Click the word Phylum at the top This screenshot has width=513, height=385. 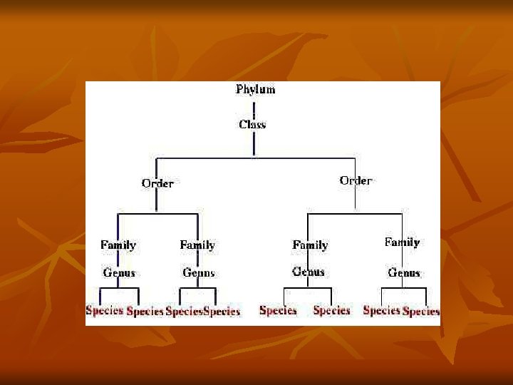pos(255,89)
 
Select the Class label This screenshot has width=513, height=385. pos(252,124)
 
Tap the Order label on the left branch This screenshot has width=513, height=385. pos(157,183)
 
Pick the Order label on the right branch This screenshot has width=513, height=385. pos(356,180)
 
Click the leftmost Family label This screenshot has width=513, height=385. pos(118,245)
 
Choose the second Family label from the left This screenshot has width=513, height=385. pos(197,245)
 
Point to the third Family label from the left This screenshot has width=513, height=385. pos(310,245)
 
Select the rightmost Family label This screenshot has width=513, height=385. pos(402,242)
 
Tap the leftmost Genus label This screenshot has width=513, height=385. pos(119,272)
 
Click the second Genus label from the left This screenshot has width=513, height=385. pos(199,272)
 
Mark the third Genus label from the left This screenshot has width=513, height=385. pos(309,272)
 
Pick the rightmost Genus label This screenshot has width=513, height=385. pos(404,272)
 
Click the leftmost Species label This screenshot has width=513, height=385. pos(105,310)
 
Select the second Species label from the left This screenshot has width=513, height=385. pos(145,312)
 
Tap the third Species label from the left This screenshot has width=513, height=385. pos(184,312)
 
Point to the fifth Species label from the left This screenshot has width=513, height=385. pos(278,310)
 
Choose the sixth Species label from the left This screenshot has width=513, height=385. pos(331,310)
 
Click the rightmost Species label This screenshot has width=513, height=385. pos(421,312)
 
